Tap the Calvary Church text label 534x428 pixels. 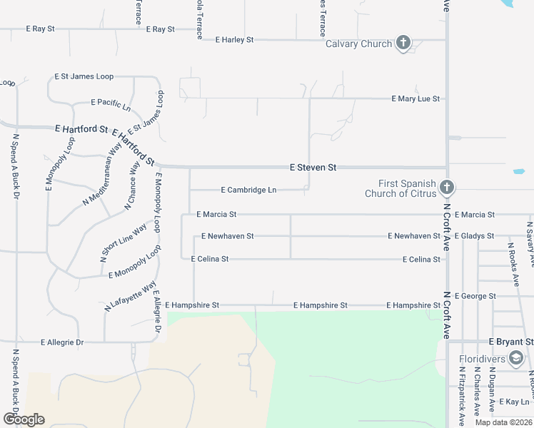coord(358,44)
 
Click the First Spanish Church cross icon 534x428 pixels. coord(447,188)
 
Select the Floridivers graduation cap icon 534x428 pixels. coord(517,359)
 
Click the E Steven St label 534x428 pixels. coord(313,168)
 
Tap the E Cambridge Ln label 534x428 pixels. coord(248,190)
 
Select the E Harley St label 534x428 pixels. coord(234,40)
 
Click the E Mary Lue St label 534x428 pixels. coord(415,98)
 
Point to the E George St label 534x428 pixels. coord(478,296)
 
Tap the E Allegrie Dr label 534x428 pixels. coord(62,342)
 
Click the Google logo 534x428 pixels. coord(24,419)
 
